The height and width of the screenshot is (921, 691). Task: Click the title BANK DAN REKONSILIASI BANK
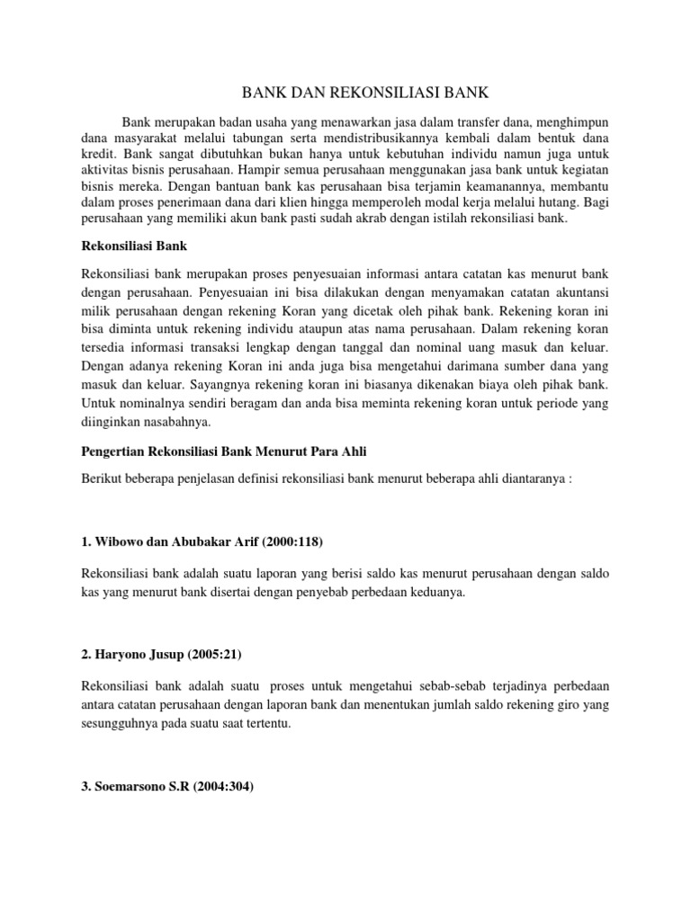click(345, 92)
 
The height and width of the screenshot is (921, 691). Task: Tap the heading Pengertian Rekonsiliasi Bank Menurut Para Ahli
click(224, 451)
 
